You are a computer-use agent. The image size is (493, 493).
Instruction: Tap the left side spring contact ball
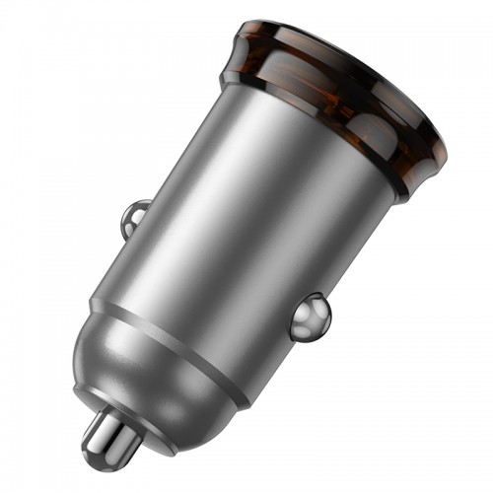tap(136, 216)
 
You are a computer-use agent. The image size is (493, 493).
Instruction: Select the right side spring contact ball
tap(312, 315)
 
